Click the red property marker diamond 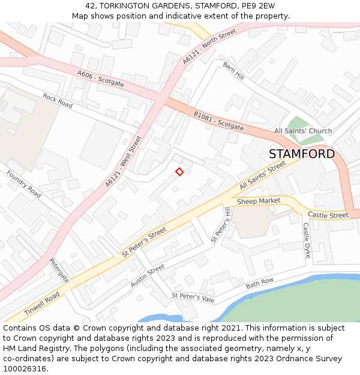(x=179, y=172)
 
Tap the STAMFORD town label (x=301, y=154)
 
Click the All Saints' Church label (x=303, y=131)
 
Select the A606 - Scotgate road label (x=101, y=79)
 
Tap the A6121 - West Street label (x=124, y=161)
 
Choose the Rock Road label (x=57, y=101)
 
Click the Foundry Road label (x=24, y=184)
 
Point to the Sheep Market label (x=259, y=201)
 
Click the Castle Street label (x=328, y=215)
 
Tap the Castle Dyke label (x=306, y=241)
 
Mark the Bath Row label (x=259, y=283)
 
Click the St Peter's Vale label (x=193, y=296)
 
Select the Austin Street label (x=148, y=276)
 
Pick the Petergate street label (x=59, y=270)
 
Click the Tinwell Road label (x=42, y=305)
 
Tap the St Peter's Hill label (x=221, y=224)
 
